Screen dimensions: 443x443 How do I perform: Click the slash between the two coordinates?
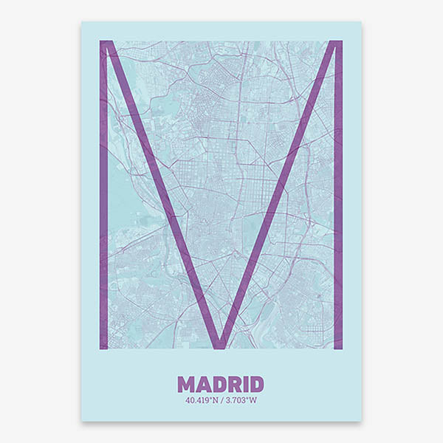click(221, 401)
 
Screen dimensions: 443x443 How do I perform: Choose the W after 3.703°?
click(253, 401)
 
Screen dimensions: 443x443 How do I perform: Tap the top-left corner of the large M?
click(102, 43)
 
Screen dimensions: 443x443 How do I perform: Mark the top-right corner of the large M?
click(340, 43)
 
